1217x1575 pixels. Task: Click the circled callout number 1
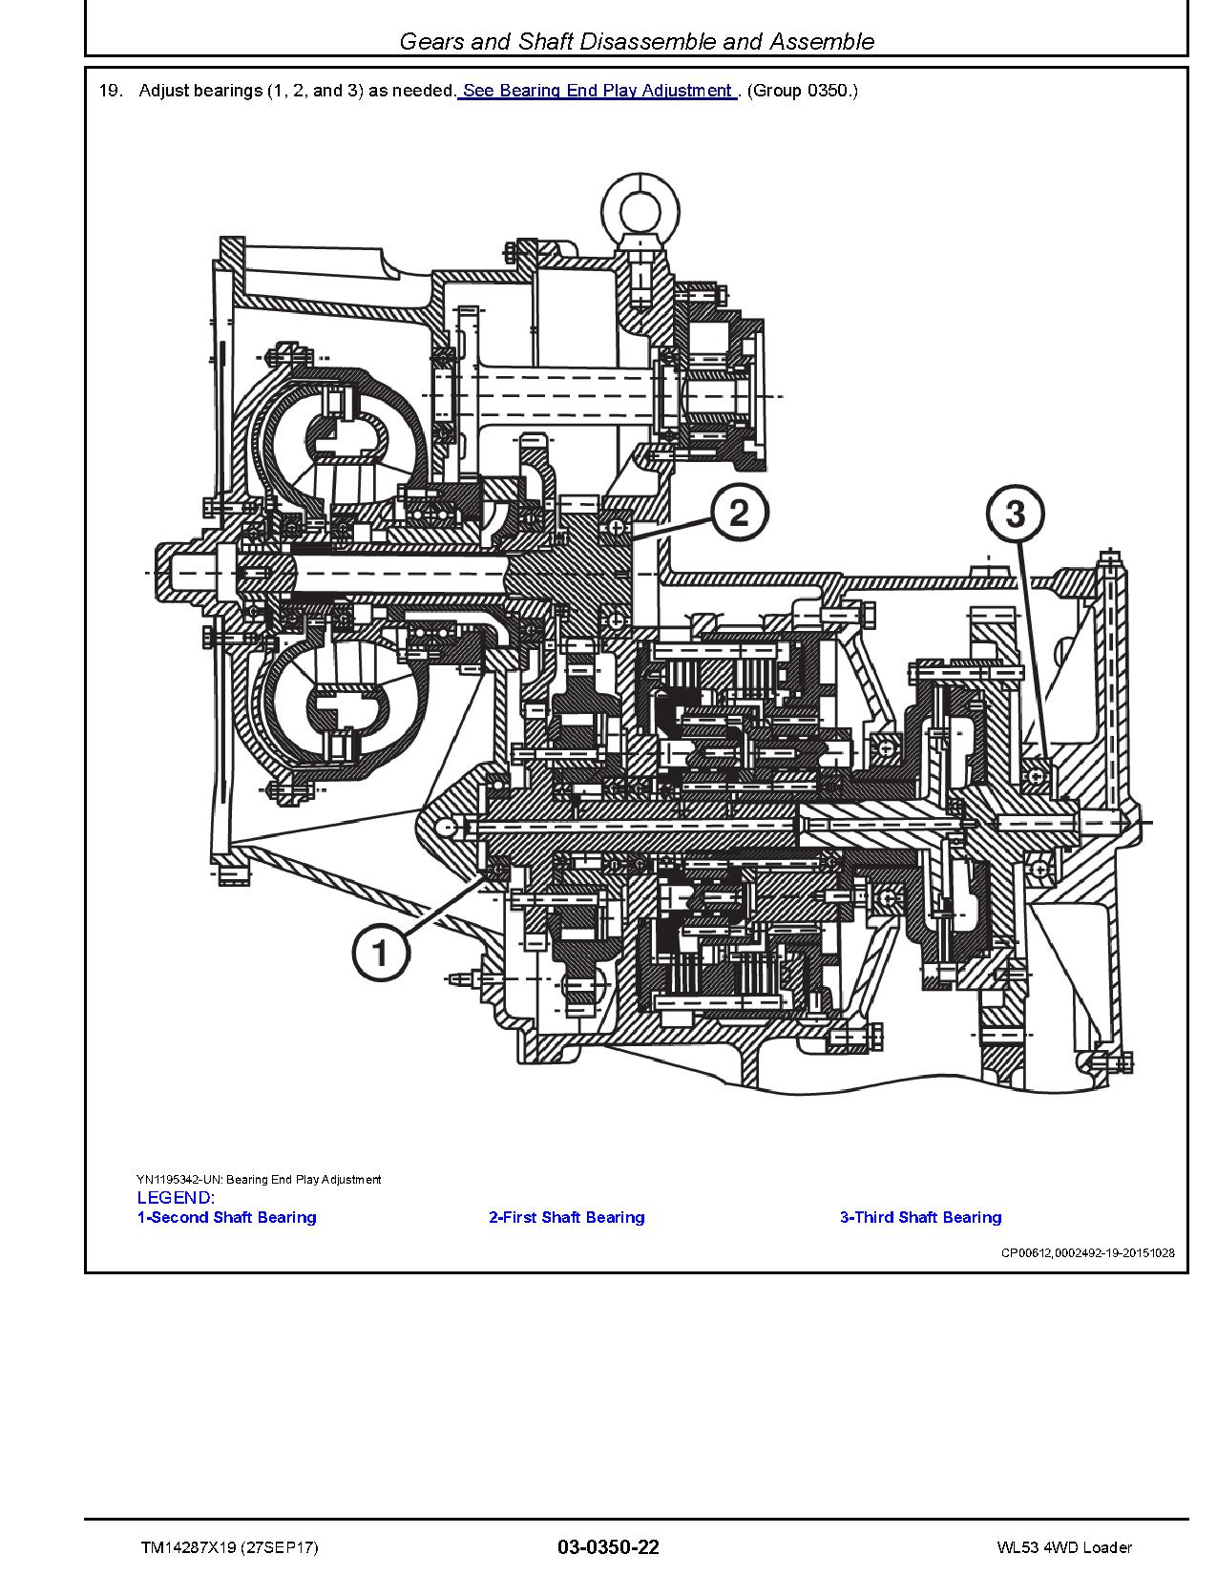click(380, 952)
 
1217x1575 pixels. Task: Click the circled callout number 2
click(739, 514)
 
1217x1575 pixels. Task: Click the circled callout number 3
click(1016, 514)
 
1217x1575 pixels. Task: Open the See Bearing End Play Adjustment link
click(598, 91)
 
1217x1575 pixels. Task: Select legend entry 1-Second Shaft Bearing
click(227, 1217)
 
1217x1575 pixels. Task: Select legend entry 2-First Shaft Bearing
click(566, 1217)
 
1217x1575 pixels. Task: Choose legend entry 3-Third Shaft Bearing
click(920, 1217)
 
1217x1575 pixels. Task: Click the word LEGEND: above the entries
click(176, 1197)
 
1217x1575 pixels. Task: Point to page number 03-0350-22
click(608, 1547)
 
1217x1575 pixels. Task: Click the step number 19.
click(111, 91)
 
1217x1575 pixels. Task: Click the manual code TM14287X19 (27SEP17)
click(229, 1547)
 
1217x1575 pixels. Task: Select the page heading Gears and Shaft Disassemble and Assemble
click(636, 41)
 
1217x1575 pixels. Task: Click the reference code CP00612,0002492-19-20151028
click(1087, 1252)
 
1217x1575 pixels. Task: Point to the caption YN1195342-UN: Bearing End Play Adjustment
click(259, 1179)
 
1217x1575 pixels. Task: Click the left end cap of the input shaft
click(181, 572)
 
